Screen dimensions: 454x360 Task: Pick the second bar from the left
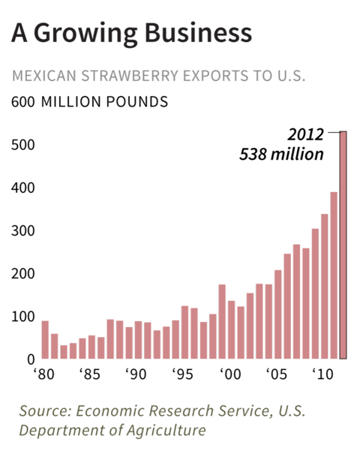[54, 346]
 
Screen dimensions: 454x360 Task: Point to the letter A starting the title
[20, 33]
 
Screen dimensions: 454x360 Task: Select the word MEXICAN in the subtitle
[41, 77]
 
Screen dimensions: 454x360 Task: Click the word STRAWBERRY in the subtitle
[125, 77]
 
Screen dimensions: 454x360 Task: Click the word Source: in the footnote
[44, 412]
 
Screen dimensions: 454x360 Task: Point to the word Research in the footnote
[179, 412]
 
